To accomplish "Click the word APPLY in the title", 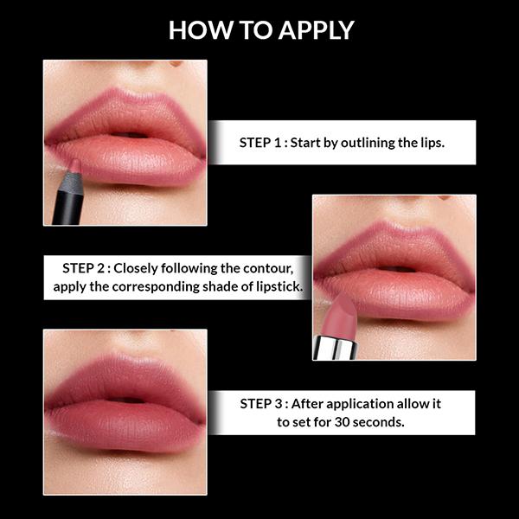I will click(x=316, y=29).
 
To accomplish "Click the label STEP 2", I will click(x=89, y=267).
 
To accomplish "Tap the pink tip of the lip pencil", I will click(x=74, y=166).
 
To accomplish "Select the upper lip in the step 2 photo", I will click(x=394, y=251).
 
